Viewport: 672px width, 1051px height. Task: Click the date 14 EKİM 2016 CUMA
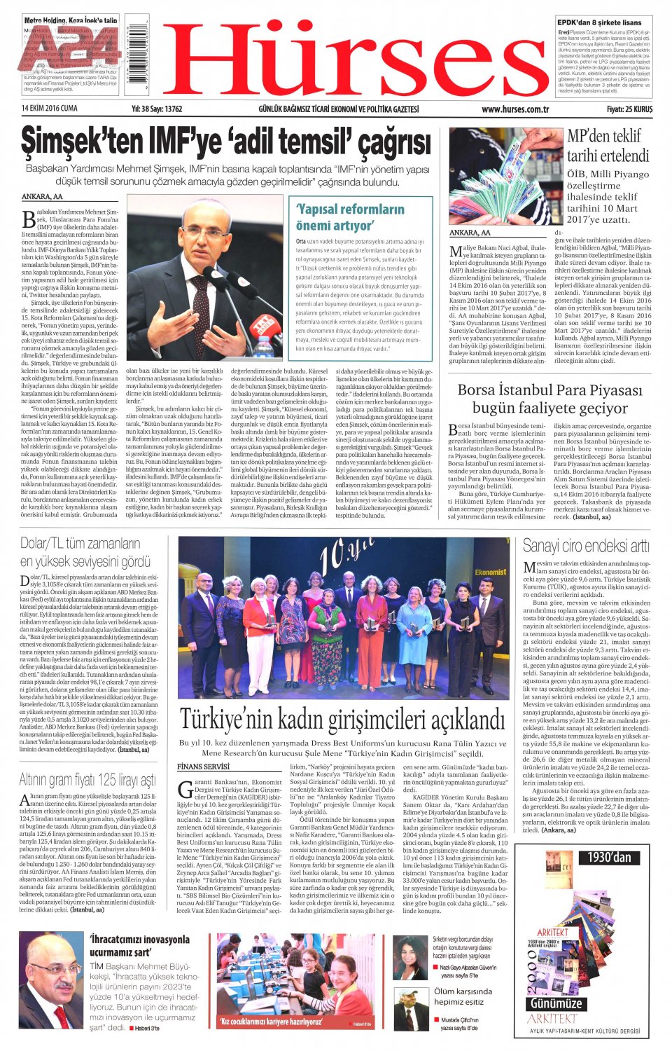coord(50,109)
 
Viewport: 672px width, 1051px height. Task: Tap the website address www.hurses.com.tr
coord(515,109)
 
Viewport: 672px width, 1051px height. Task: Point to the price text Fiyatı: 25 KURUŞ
coord(629,109)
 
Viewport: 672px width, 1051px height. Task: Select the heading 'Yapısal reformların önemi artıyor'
coord(349,217)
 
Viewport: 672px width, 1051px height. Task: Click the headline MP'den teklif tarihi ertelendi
coord(608,146)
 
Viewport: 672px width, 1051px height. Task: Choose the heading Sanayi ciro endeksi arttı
coord(586,546)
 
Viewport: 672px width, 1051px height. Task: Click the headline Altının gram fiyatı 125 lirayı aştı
coord(87,780)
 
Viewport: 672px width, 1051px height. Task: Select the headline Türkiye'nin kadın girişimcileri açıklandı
coord(342,720)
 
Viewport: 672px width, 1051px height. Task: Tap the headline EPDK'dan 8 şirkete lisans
coord(598,22)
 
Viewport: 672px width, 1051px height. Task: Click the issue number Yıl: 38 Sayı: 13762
coord(157,109)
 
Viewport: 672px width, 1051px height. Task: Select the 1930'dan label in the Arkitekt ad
coord(608,857)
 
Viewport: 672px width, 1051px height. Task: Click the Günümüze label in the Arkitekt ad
coord(556,1003)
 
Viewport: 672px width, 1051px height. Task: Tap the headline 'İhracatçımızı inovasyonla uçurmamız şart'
coord(140,946)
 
